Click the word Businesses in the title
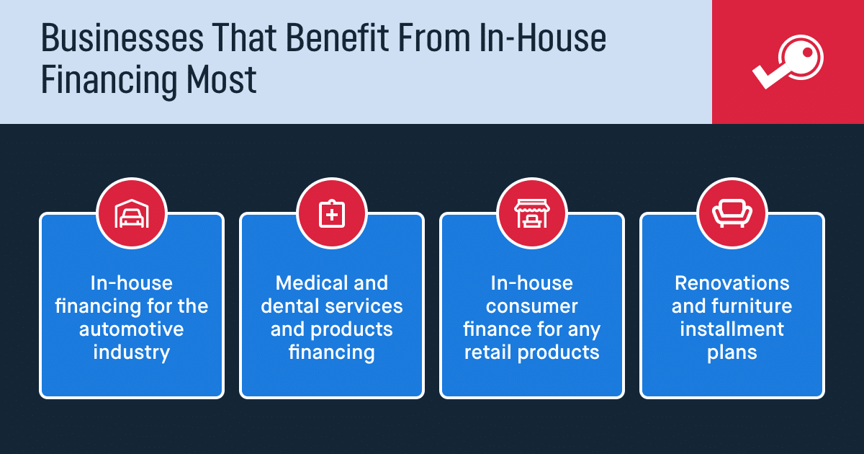[122, 37]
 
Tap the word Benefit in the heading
[337, 37]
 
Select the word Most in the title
[222, 79]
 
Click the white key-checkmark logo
[788, 62]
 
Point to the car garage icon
[132, 213]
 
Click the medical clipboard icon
[332, 213]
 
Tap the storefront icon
[532, 213]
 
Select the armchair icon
[732, 213]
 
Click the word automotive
[132, 329]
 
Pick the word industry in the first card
[132, 353]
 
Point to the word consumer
[532, 307]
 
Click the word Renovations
[732, 283]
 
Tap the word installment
[732, 329]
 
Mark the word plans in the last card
[732, 353]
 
